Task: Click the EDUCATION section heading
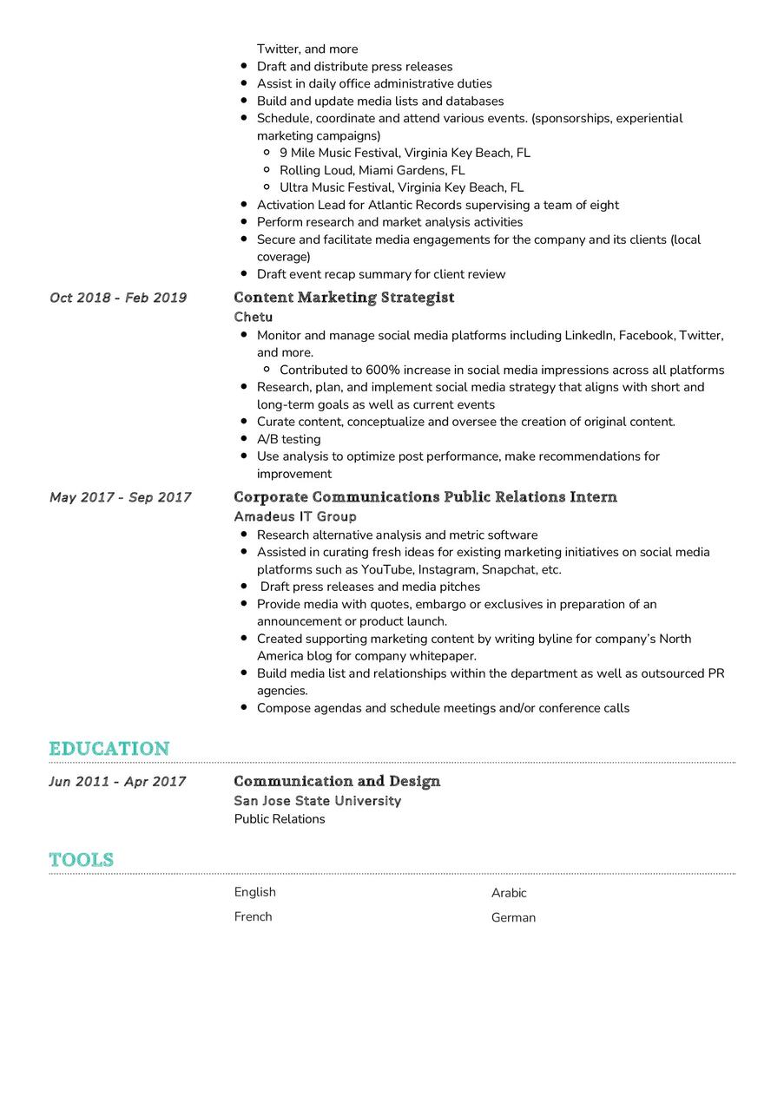[x=109, y=748]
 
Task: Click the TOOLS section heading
[x=82, y=859]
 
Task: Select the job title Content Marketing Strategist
[x=344, y=298]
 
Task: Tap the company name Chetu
[x=253, y=317]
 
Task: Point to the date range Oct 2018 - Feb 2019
[x=118, y=298]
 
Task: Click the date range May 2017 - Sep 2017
[x=121, y=497]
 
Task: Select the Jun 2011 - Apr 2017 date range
[x=117, y=781]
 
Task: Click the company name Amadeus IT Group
[x=295, y=516]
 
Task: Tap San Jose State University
[x=318, y=801]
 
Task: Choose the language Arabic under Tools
[x=509, y=893]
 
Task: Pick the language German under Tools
[x=513, y=917]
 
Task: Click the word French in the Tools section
[x=253, y=916]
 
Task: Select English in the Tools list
[x=254, y=892]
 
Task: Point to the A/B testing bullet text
[x=288, y=439]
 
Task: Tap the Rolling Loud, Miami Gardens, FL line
[x=372, y=170]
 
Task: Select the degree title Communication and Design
[x=337, y=781]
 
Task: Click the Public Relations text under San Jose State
[x=280, y=819]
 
